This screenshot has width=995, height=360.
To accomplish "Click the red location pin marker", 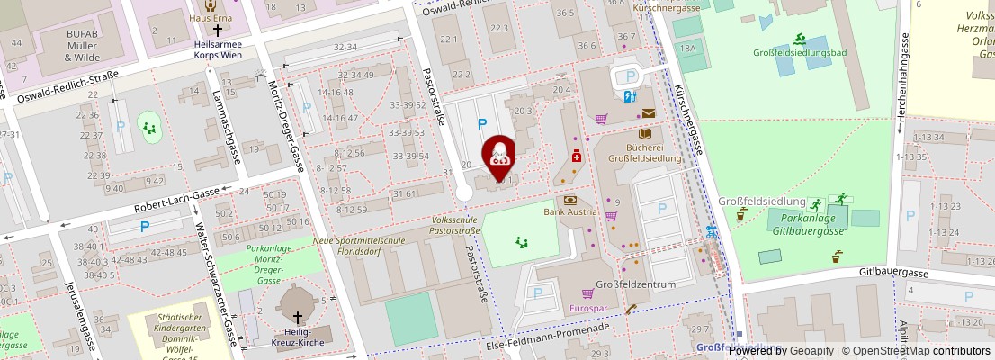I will point(499,153).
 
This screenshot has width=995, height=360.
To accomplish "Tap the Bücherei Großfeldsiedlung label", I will point(644,152).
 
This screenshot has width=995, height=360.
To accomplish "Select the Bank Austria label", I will point(570,212).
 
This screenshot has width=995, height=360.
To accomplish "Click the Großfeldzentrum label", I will point(636,284).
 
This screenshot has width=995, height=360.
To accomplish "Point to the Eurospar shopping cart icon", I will point(587,293).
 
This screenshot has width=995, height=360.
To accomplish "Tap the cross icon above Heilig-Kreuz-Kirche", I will point(298,317).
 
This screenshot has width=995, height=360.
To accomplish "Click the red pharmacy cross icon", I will point(576,156).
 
